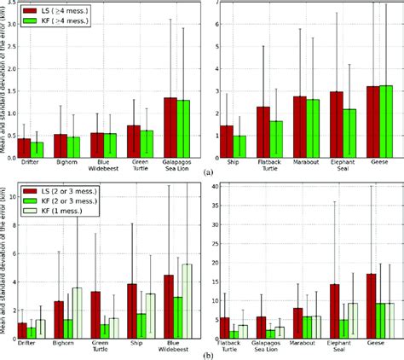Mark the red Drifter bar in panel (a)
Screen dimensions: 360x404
click(24, 145)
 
